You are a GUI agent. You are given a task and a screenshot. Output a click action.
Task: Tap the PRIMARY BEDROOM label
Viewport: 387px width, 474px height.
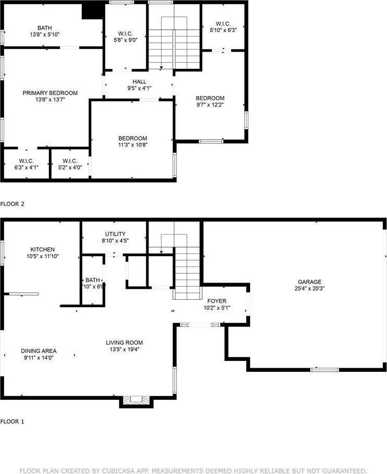(x=50, y=93)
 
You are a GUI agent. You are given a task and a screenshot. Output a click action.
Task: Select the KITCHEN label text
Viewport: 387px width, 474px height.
(x=42, y=250)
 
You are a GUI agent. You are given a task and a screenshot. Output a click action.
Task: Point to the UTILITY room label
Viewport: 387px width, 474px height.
(x=115, y=234)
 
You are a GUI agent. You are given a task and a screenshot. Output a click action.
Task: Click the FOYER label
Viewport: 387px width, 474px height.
(x=217, y=301)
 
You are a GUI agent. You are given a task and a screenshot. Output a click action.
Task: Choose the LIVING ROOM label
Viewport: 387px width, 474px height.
(x=123, y=343)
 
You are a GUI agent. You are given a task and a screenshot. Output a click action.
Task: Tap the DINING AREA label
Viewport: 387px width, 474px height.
(x=39, y=351)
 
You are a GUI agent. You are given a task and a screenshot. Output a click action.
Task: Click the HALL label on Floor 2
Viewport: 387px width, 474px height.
(x=139, y=82)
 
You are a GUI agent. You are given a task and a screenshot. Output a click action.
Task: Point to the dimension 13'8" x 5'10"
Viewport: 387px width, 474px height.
(x=44, y=35)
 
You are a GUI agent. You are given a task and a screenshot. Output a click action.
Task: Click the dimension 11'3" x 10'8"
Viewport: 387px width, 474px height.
(x=133, y=145)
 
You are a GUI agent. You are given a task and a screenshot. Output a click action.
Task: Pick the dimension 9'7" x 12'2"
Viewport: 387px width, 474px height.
(x=210, y=105)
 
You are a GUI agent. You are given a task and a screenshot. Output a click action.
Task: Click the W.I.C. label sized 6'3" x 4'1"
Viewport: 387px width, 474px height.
(x=26, y=161)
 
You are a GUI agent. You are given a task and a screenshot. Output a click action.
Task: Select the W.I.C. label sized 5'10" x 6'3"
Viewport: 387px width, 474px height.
(x=223, y=24)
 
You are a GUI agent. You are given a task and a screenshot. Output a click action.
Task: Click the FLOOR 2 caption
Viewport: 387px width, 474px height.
(x=13, y=204)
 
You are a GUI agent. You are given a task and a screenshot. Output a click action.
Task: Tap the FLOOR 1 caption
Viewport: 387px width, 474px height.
(x=13, y=421)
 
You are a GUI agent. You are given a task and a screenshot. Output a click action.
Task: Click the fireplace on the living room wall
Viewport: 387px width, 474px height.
(x=136, y=400)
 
